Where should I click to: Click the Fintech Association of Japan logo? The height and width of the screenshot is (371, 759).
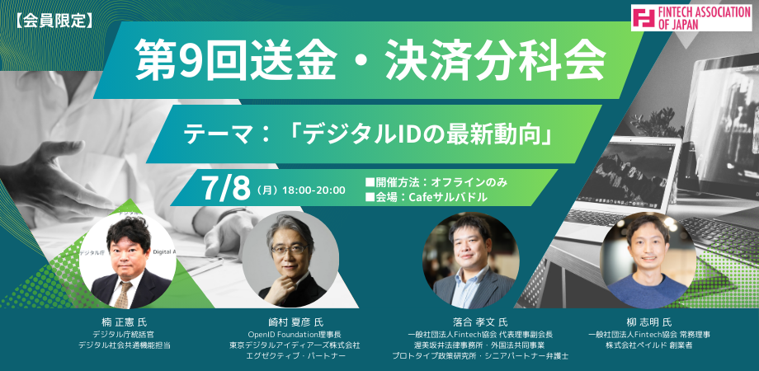point(691,18)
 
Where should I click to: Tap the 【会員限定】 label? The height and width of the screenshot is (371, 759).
point(51,21)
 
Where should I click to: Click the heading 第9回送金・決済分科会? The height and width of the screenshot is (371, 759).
point(370,59)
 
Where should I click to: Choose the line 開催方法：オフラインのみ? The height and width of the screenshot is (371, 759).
point(436,182)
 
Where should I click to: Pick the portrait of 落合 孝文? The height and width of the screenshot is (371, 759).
point(471,260)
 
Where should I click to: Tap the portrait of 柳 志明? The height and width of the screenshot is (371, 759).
point(648,260)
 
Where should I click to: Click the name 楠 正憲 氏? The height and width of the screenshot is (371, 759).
point(127,322)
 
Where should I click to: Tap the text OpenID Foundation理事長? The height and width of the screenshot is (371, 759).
point(295,334)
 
